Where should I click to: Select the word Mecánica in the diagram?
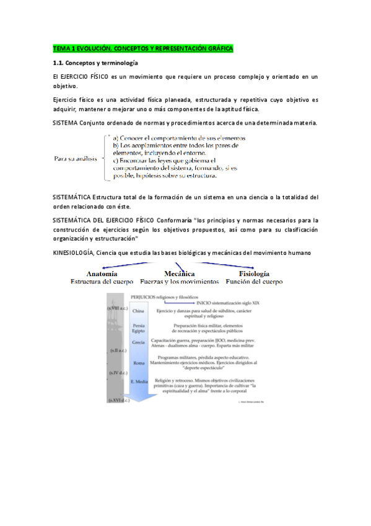(180, 274)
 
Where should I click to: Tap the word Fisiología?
(254, 274)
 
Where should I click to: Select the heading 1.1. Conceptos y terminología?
(95, 63)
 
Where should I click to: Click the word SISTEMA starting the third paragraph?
(65, 122)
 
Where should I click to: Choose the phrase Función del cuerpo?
(254, 281)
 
